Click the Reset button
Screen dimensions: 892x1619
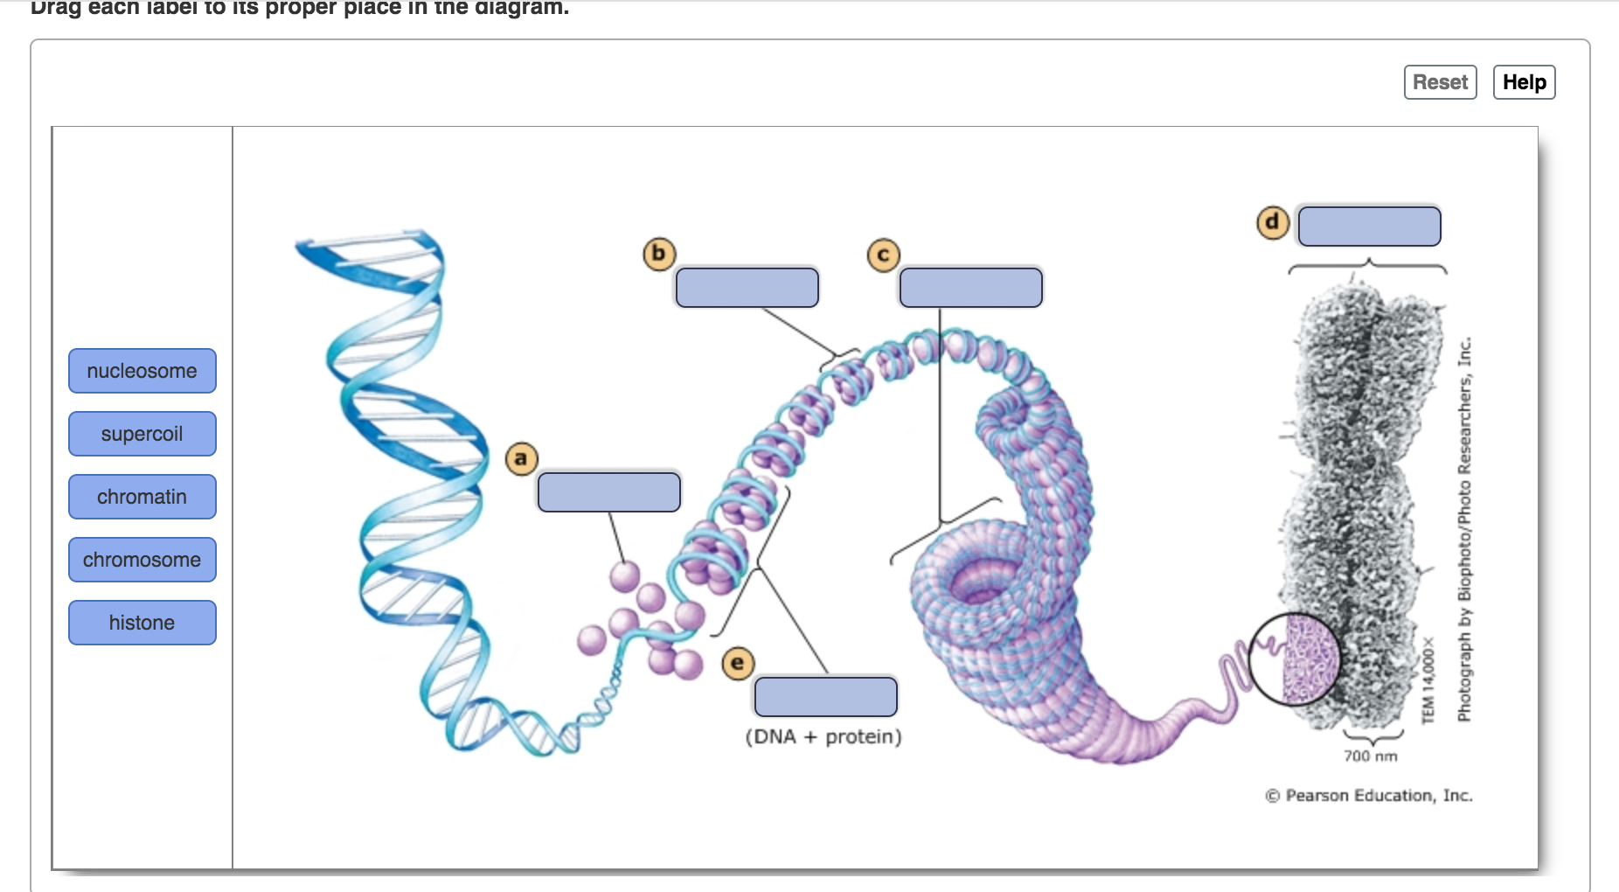[1440, 82]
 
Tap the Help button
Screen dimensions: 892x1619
[1524, 82]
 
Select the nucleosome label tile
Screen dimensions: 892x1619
[142, 371]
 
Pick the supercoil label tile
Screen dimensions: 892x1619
[142, 434]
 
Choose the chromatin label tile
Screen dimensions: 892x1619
[142, 497]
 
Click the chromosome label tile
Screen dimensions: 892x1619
[142, 560]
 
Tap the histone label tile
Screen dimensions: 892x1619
[142, 623]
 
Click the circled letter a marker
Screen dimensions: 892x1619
[521, 458]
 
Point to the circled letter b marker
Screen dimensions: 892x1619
[659, 254]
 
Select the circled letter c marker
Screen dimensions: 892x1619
[883, 255]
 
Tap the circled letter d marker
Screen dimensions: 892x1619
[1272, 222]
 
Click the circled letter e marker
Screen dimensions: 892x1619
[738, 664]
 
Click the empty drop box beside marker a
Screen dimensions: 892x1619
[609, 492]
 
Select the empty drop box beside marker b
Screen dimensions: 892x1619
[747, 288]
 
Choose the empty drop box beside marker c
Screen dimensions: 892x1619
[971, 288]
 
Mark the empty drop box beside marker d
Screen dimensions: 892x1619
[1370, 226]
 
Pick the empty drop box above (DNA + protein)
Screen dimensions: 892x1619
[826, 697]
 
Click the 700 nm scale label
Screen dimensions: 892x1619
[1371, 756]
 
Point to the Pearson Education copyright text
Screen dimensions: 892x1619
[1369, 795]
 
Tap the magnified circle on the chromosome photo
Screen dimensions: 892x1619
[1295, 659]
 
